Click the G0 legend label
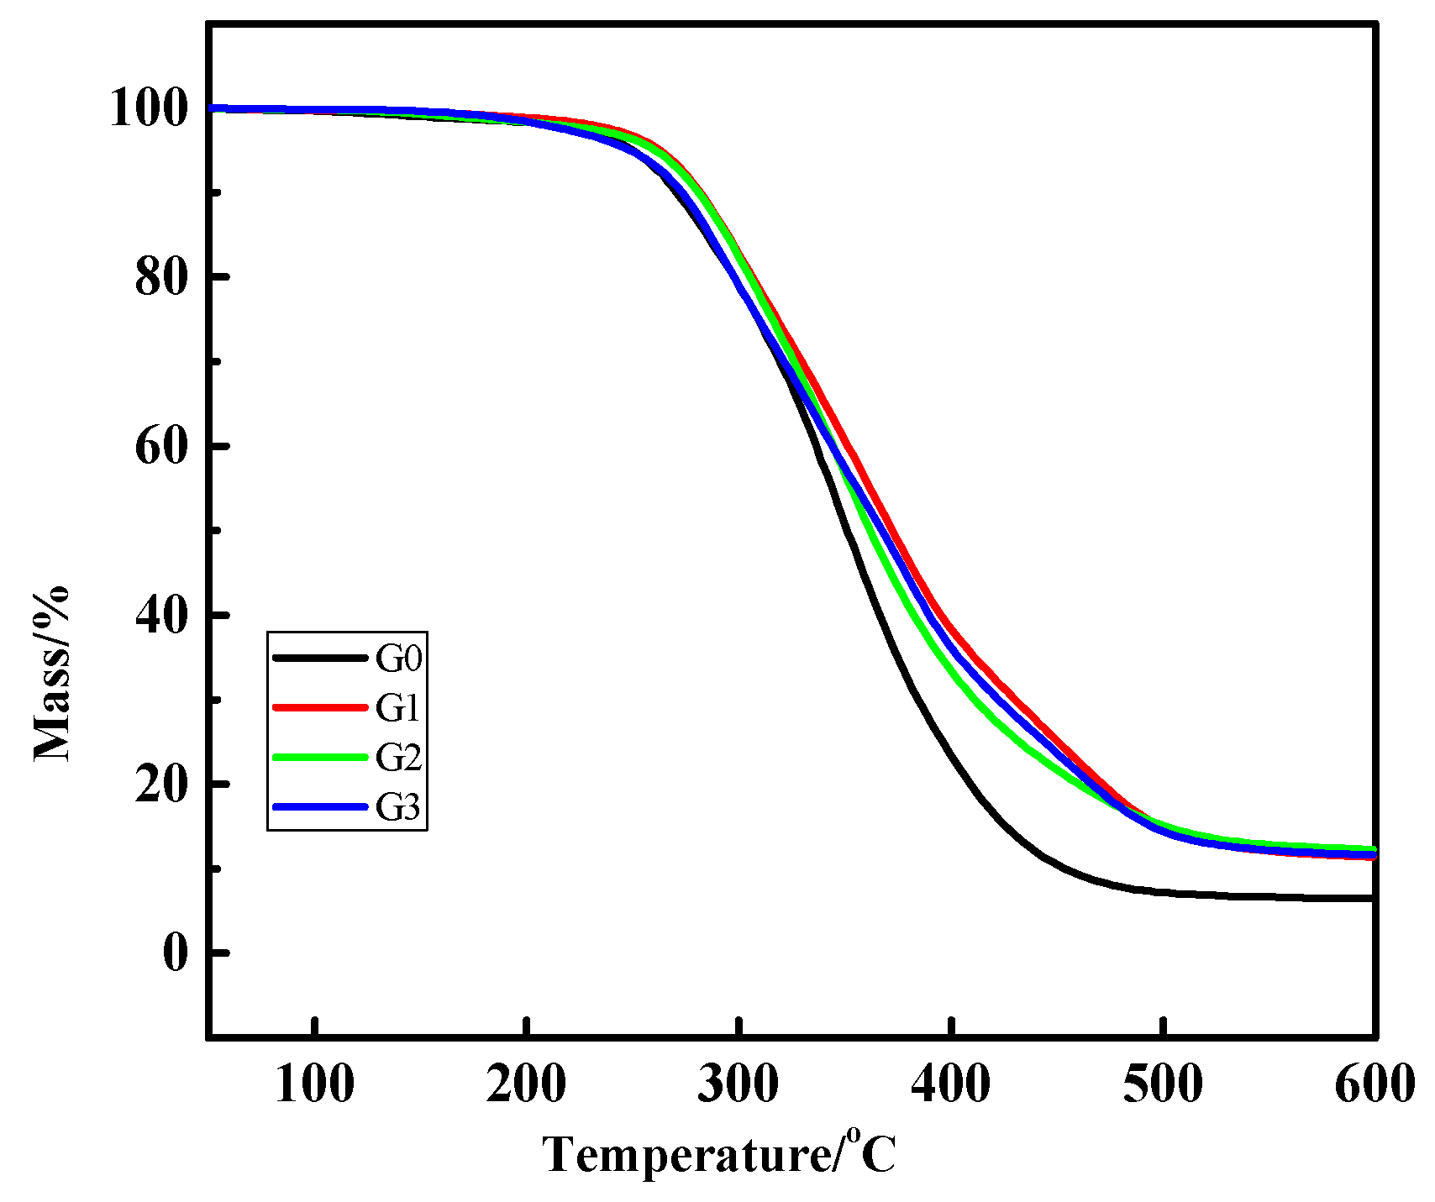tap(398, 659)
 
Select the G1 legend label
tap(398, 708)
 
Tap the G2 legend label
tap(398, 758)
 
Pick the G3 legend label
tap(398, 807)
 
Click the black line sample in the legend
tap(320, 658)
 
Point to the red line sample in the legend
tap(320, 707)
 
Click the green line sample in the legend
tap(320, 757)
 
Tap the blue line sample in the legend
tap(320, 806)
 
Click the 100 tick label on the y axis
tap(148, 109)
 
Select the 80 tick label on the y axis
tap(160, 277)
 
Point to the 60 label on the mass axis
tap(160, 446)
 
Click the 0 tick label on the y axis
tap(174, 953)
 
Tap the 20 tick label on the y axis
tap(160, 784)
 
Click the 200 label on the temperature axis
tap(526, 1084)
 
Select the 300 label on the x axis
tap(739, 1084)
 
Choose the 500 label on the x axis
tap(1163, 1084)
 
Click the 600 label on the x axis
tap(1375, 1084)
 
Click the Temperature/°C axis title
tap(719, 1154)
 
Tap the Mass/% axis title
tap(52, 673)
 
